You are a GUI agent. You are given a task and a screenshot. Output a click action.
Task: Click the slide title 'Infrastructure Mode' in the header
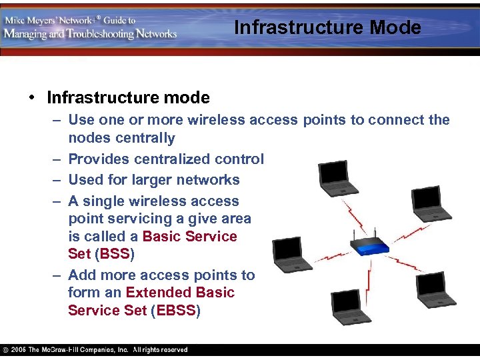click(327, 28)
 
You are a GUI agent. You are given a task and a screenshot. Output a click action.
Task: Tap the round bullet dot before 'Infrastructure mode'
click(31, 99)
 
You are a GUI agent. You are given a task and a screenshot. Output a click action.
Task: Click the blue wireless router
click(371, 245)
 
